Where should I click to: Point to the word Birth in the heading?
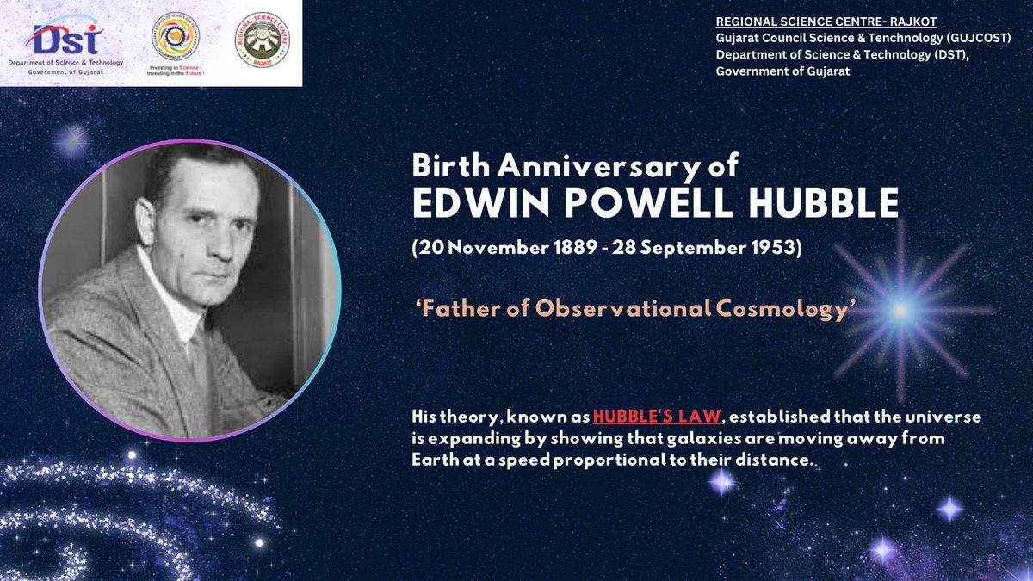point(446,164)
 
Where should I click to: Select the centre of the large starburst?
point(900,309)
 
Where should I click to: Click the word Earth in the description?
point(435,460)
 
